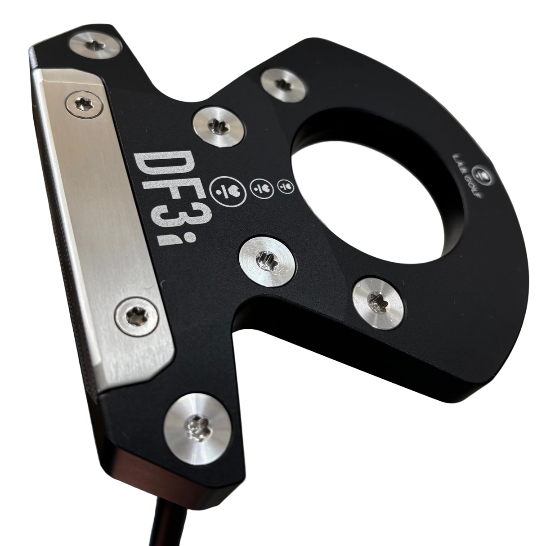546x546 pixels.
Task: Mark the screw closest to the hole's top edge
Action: pyautogui.click(x=284, y=84)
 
